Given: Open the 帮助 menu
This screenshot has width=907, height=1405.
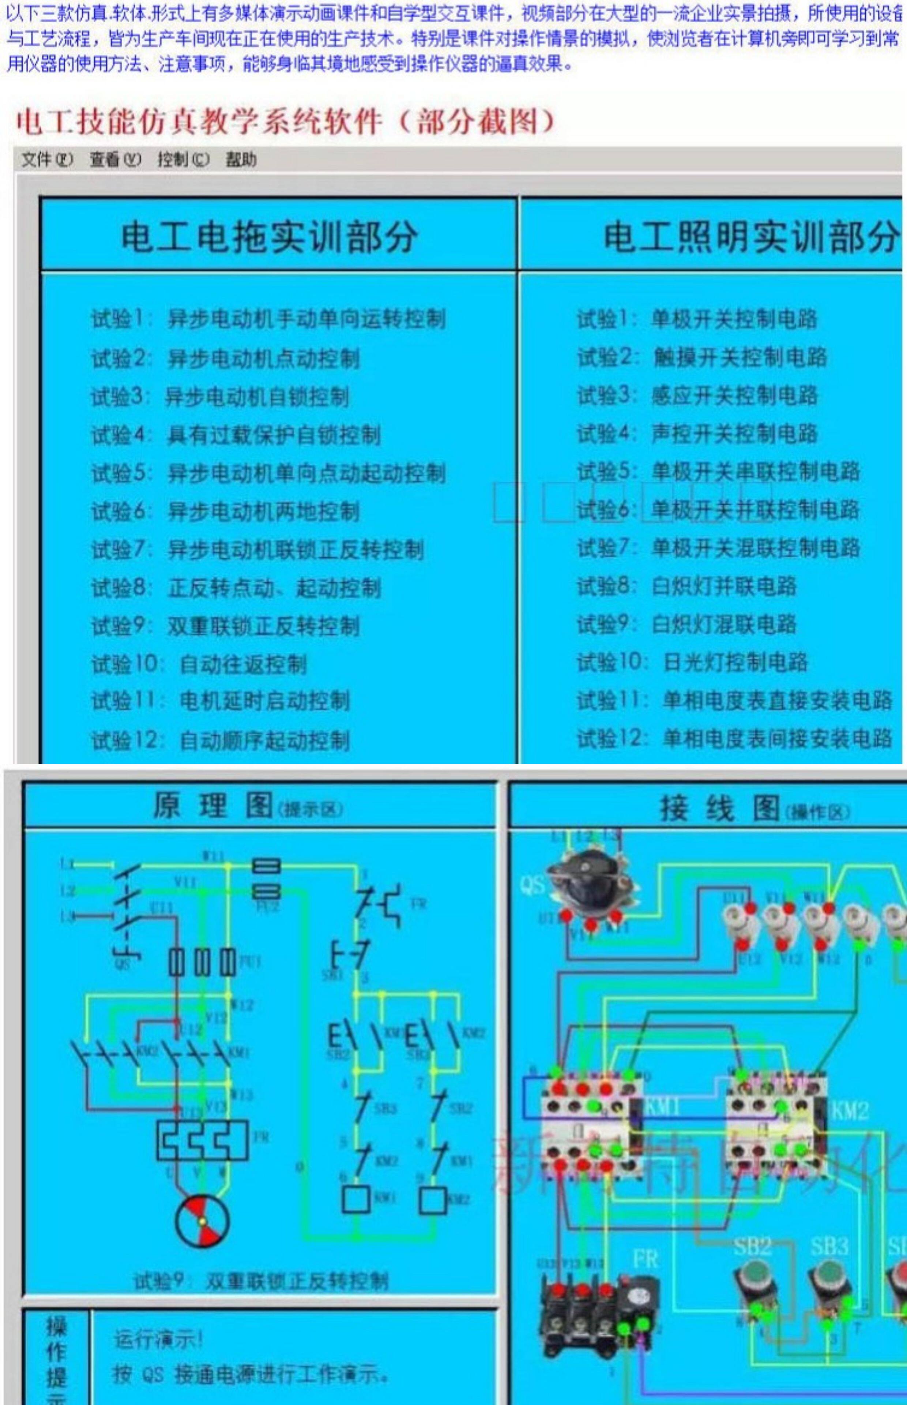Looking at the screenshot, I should coord(241,159).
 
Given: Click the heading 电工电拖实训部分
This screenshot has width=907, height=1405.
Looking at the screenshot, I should coord(269,237).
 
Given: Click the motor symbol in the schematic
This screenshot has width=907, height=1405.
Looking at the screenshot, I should coord(202,1220).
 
